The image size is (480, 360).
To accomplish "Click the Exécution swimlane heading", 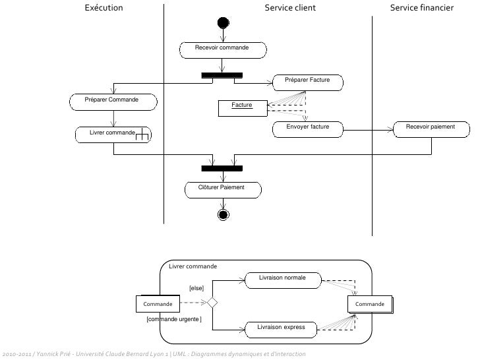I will click(104, 9).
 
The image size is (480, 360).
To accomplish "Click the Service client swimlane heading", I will click(290, 9).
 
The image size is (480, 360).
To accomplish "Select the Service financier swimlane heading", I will click(421, 9).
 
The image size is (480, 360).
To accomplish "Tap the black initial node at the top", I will click(223, 23).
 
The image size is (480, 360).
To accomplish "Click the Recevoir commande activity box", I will click(223, 49).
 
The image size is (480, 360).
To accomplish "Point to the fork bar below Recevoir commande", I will click(222, 75).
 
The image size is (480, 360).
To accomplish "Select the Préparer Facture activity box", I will click(308, 82).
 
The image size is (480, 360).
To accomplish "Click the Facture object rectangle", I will click(242, 107).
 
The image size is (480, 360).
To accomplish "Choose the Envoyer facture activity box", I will click(308, 129).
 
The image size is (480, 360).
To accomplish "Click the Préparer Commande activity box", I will click(113, 101).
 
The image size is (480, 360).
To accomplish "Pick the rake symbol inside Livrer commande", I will click(142, 136).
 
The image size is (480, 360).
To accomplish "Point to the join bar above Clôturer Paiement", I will click(222, 168).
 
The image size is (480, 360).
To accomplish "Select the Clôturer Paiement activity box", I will click(222, 189).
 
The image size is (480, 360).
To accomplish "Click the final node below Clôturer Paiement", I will click(223, 215).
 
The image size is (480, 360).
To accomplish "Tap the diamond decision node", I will click(212, 303).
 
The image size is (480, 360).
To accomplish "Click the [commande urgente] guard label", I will click(173, 319).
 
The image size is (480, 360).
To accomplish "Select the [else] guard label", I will click(196, 288).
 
